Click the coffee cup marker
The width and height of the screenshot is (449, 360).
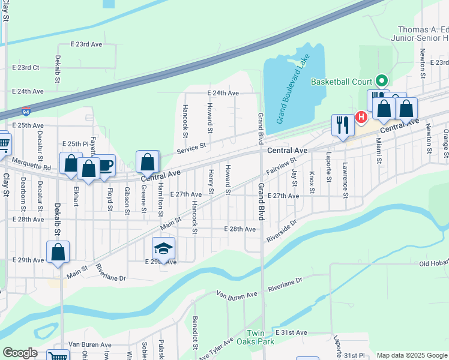106,165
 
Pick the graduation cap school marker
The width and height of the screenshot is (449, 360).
164,248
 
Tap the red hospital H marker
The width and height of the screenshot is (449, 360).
361,117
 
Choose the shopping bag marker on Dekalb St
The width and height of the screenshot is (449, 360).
58,252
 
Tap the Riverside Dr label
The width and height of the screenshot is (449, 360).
282,230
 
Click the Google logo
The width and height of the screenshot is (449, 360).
20,353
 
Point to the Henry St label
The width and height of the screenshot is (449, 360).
211,182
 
